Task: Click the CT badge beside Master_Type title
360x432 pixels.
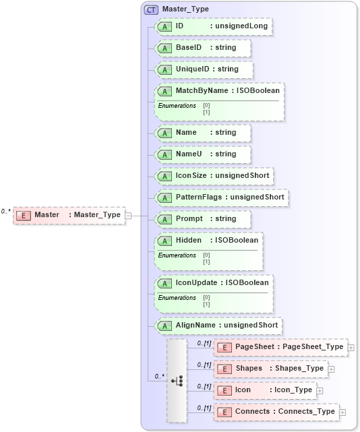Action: (x=151, y=9)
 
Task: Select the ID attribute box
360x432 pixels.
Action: (x=213, y=26)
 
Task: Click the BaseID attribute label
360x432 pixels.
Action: (x=189, y=48)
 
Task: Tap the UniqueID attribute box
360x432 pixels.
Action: (x=205, y=69)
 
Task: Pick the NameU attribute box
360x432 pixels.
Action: (x=203, y=154)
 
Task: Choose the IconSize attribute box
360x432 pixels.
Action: (x=214, y=175)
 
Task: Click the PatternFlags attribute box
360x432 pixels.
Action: (x=221, y=197)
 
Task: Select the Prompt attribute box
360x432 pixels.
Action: (x=203, y=219)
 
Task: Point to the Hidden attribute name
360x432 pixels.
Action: (x=189, y=241)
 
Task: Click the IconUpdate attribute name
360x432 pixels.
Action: (x=196, y=283)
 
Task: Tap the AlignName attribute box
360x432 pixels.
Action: (x=218, y=326)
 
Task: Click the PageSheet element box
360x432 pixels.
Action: (x=280, y=347)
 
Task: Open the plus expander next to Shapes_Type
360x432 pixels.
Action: (x=332, y=369)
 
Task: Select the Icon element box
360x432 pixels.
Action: (x=265, y=390)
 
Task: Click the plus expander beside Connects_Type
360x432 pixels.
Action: (x=343, y=412)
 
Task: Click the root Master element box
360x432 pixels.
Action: (x=69, y=215)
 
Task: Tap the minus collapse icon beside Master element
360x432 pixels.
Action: (x=129, y=215)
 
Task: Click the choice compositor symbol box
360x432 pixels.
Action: (x=177, y=380)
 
